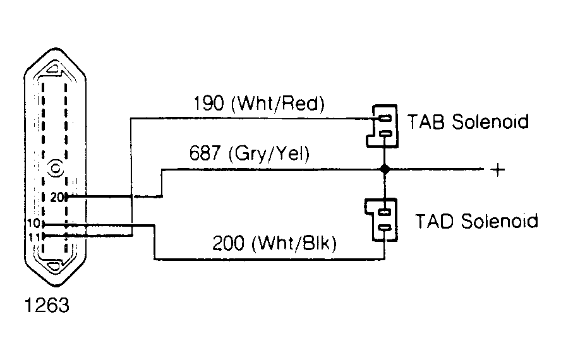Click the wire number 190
208,104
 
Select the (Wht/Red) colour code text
278,104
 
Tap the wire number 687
204,153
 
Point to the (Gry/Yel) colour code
268,154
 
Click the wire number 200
228,243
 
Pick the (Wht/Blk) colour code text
294,244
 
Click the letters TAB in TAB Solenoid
426,122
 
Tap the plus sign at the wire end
498,170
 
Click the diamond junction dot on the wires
385,169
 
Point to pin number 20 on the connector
57,197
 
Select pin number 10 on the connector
34,224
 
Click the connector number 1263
47,306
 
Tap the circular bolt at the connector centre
56,168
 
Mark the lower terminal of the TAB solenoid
385,134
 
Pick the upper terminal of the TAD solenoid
385,212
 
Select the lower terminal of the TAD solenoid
385,227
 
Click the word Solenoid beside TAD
499,221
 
